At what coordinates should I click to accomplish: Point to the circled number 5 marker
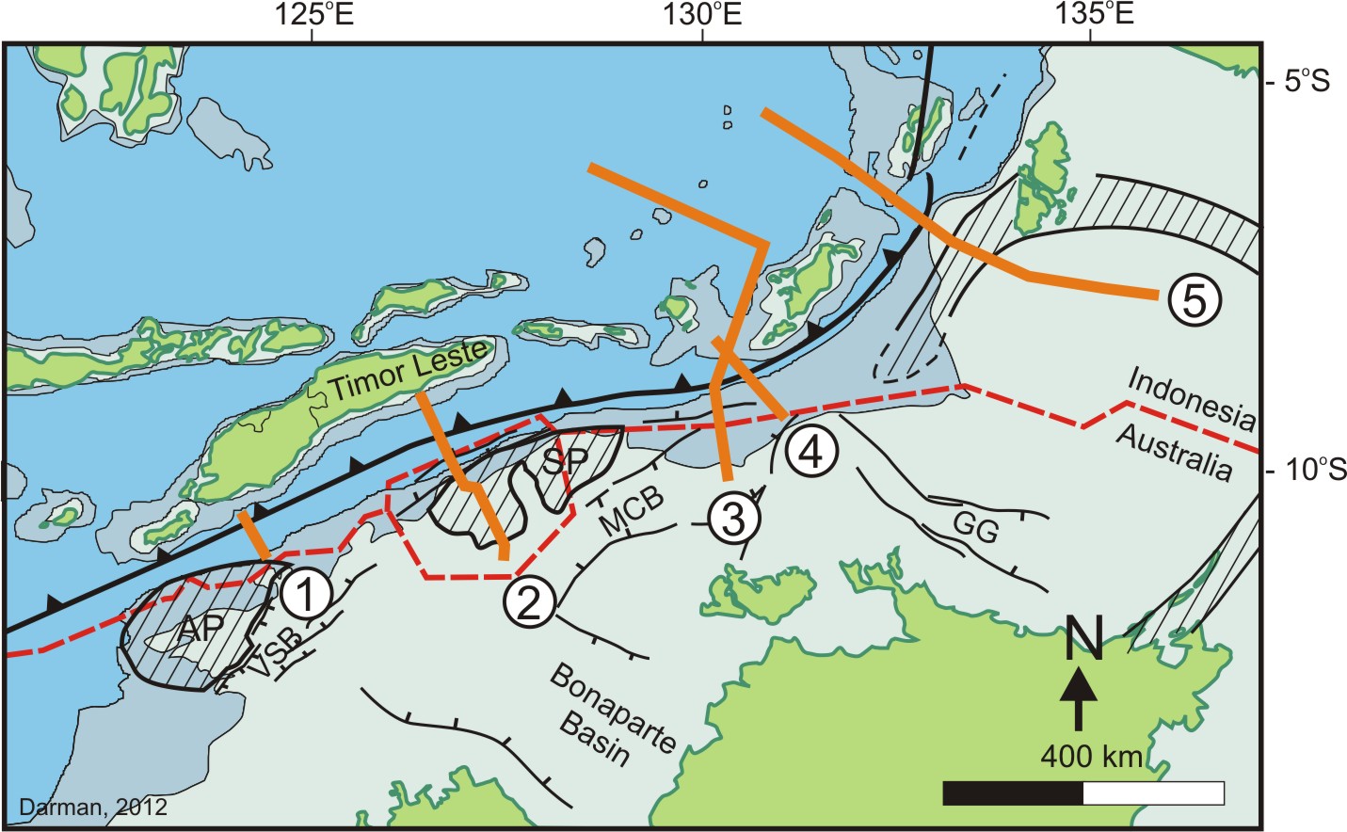[x=1194, y=300]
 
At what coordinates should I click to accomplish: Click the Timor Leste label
[x=410, y=371]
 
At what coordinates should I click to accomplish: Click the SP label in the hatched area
[x=565, y=460]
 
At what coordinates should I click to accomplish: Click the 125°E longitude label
[x=313, y=14]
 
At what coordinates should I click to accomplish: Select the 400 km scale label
[x=1091, y=757]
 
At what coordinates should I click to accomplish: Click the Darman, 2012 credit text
[x=92, y=807]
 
